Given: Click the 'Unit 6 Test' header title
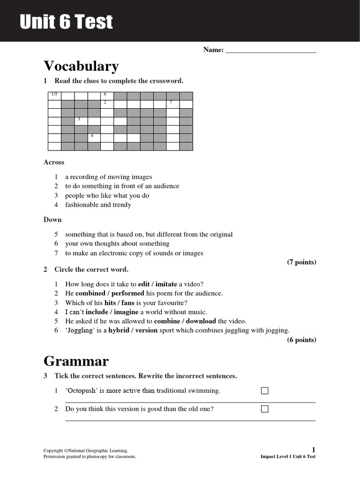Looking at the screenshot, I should coord(66,22).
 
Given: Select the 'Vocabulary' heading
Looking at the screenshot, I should coord(81,66).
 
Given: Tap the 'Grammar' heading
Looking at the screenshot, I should coord(76,361).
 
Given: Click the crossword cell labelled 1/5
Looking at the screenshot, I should coord(55,96).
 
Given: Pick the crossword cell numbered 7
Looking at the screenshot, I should coord(173,104).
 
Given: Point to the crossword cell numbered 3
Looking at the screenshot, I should coord(81,121).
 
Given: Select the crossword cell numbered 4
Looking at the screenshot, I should coord(94,138).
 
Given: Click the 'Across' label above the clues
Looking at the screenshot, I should coord(54,162).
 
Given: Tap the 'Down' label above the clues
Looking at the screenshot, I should coord(52,219).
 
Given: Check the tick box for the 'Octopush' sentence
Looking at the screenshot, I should coord(265,391).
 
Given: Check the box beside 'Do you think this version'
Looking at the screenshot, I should coord(265,409).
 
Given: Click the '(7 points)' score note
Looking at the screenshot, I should coord(301,262).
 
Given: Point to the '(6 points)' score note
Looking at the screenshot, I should coord(301,340).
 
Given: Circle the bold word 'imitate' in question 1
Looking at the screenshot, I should coord(166,284).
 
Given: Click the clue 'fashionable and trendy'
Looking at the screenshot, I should coord(98,205).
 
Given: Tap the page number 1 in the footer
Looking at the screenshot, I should coord(314,450).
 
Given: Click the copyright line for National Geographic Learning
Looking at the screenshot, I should coord(85,450).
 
